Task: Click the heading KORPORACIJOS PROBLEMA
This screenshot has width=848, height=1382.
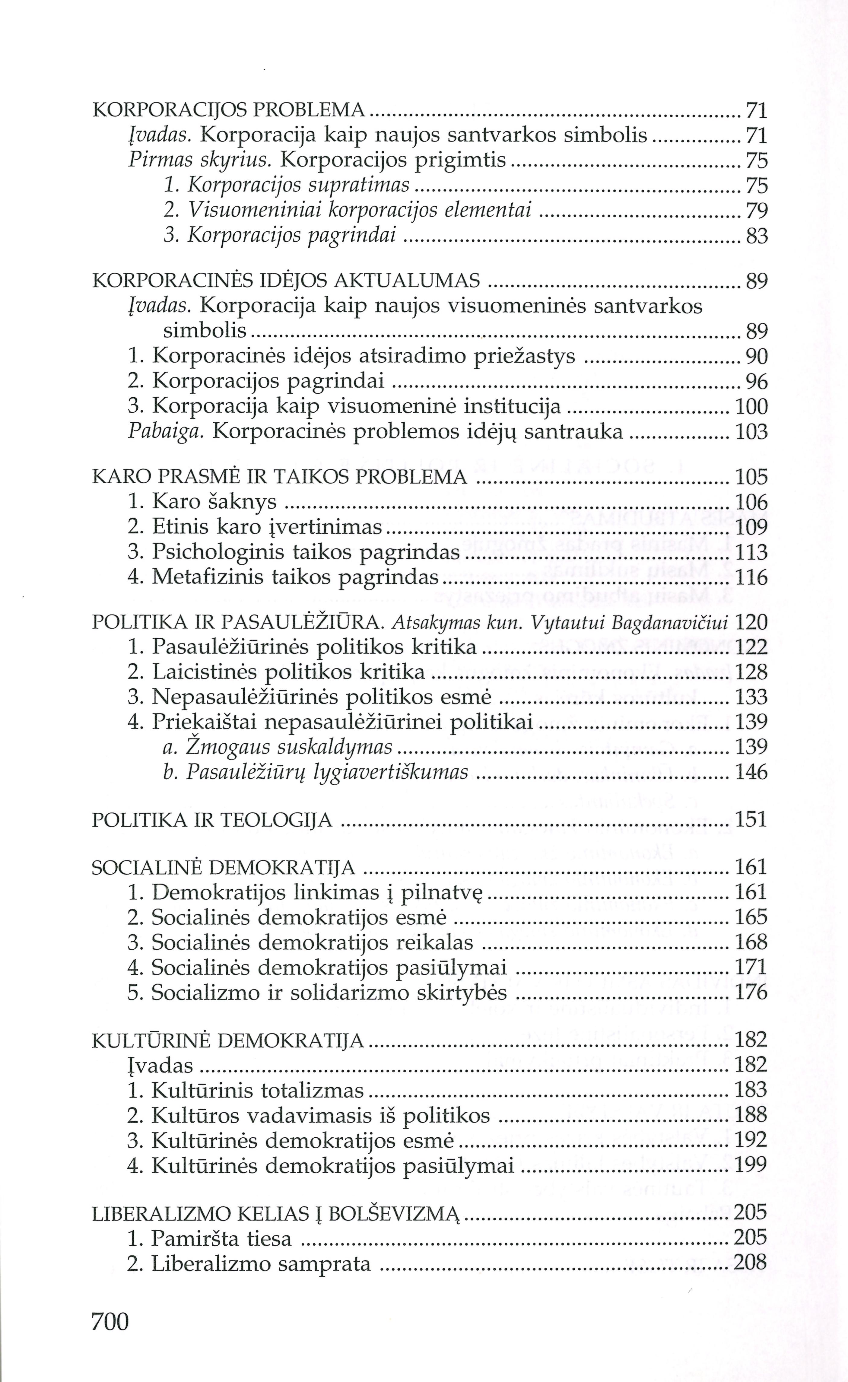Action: tap(228, 110)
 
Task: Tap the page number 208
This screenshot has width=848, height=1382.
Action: tap(751, 1263)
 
